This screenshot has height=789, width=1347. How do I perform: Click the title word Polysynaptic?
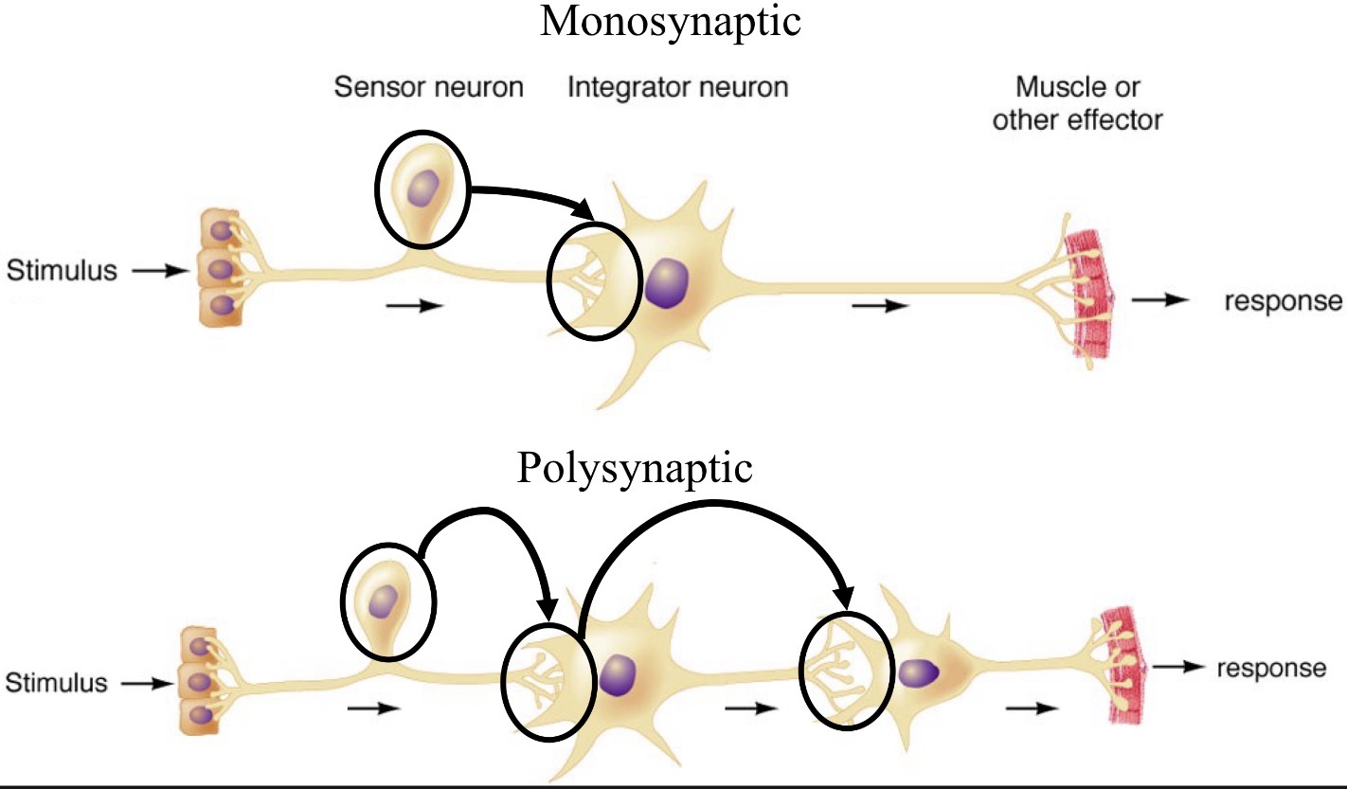click(x=635, y=468)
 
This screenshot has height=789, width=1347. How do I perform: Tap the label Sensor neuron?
click(x=428, y=89)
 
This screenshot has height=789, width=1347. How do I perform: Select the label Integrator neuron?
click(x=677, y=89)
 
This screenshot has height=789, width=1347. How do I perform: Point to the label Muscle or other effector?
click(x=1077, y=104)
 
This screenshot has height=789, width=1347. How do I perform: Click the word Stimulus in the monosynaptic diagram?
click(x=62, y=272)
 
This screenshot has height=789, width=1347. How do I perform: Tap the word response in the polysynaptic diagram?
click(x=1270, y=668)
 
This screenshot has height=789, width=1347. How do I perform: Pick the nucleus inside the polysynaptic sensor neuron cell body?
click(x=385, y=600)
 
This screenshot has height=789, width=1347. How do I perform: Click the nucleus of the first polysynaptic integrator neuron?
click(x=619, y=676)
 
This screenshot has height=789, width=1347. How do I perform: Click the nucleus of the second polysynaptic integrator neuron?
click(x=918, y=672)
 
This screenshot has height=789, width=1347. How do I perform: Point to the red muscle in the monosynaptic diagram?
click(x=1089, y=294)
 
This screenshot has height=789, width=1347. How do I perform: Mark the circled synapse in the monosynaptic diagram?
click(x=589, y=283)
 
